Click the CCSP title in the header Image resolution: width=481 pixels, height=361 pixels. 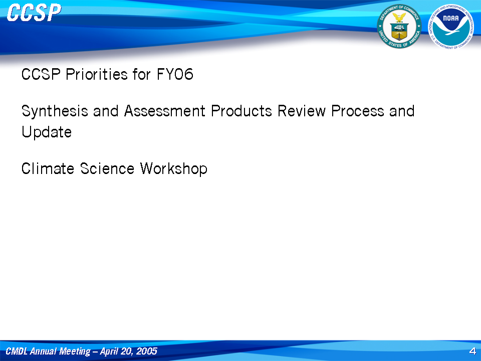34,13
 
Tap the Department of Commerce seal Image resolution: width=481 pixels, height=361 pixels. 399,27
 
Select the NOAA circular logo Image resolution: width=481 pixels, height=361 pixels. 451,27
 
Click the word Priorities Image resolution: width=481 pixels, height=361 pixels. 97,74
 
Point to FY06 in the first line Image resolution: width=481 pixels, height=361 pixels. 175,74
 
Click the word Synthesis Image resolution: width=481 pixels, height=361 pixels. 55,111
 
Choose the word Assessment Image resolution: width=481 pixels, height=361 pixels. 165,111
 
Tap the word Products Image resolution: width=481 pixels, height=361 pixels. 242,111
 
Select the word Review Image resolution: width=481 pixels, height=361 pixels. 302,111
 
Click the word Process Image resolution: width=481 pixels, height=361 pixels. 358,111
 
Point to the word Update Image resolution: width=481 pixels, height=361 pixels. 47,132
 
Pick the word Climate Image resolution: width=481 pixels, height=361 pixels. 48,168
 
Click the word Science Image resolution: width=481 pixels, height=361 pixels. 107,168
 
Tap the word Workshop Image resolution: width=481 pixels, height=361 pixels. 174,169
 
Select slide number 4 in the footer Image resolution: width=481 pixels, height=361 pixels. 472,351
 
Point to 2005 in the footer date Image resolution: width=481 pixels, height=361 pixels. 147,351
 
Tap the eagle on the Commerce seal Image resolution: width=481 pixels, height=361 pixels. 399,17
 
